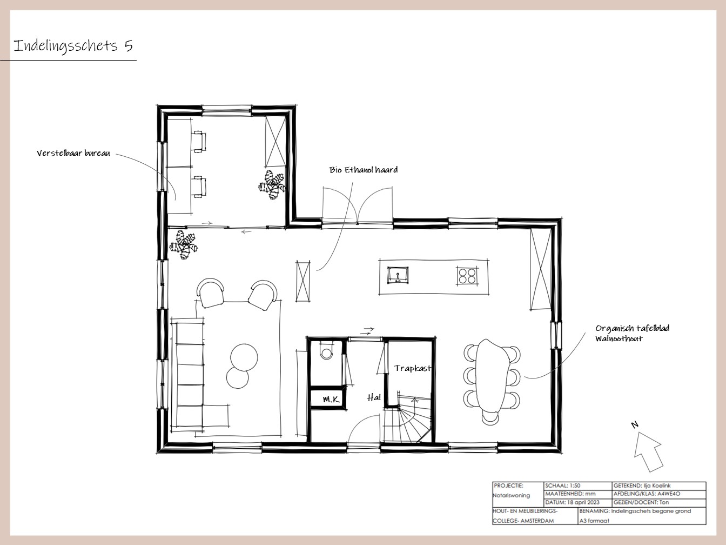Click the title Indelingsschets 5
coord(73,45)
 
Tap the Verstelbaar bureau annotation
coord(73,153)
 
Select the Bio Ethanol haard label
coord(363,170)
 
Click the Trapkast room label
coord(413,368)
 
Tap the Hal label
coord(374,397)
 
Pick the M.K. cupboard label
coord(331,400)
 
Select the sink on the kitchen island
coord(398,275)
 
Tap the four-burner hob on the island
coord(467,276)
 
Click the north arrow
coord(648,451)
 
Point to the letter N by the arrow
coord(634,424)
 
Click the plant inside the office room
coord(272,185)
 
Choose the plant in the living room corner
coord(184,244)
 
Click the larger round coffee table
coord(244,357)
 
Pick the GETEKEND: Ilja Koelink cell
coord(659,486)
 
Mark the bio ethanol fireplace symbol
coord(303,281)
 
